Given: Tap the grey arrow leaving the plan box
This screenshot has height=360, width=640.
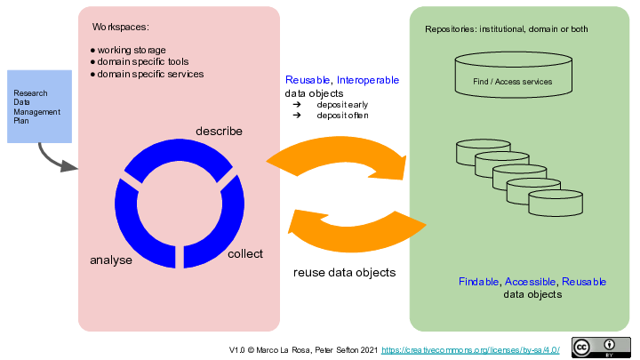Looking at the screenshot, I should pos(56,160).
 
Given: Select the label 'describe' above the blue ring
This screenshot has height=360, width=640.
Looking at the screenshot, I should pos(219,132).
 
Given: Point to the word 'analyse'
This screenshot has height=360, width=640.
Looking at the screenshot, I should pos(111,260).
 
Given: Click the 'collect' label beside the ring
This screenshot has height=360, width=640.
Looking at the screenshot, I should pos(245,254).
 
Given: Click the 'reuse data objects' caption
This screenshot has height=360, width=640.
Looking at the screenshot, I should pos(345,273).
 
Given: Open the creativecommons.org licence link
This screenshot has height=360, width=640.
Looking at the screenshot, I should pos(471,351).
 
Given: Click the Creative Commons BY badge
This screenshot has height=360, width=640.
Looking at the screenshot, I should pos(595,348).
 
